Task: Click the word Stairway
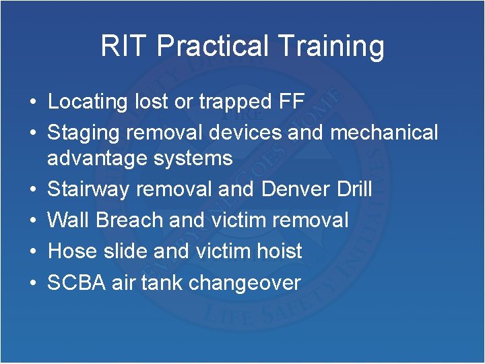click(x=89, y=189)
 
